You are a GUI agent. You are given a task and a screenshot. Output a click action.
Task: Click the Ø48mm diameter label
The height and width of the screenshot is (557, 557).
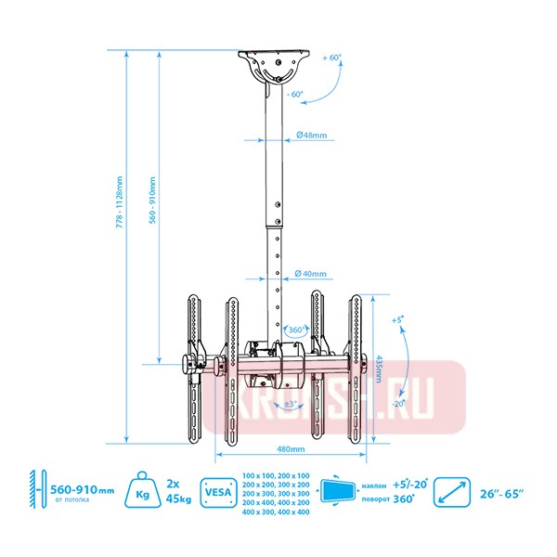click(313, 136)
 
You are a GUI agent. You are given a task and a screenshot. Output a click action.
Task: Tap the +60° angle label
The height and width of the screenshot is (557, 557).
click(332, 58)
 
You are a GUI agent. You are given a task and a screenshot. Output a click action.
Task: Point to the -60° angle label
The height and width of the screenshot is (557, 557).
click(295, 94)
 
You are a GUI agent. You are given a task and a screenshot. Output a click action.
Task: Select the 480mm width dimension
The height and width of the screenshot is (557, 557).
click(291, 448)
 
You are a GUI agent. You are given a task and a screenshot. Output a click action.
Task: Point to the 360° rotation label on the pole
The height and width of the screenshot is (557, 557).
click(296, 330)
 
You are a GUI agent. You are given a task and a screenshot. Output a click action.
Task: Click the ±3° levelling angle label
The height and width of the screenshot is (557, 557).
click(290, 404)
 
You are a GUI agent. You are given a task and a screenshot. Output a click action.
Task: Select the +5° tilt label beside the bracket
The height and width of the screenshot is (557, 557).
click(398, 319)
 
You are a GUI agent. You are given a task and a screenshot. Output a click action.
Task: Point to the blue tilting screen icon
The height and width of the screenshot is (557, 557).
click(337, 490)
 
